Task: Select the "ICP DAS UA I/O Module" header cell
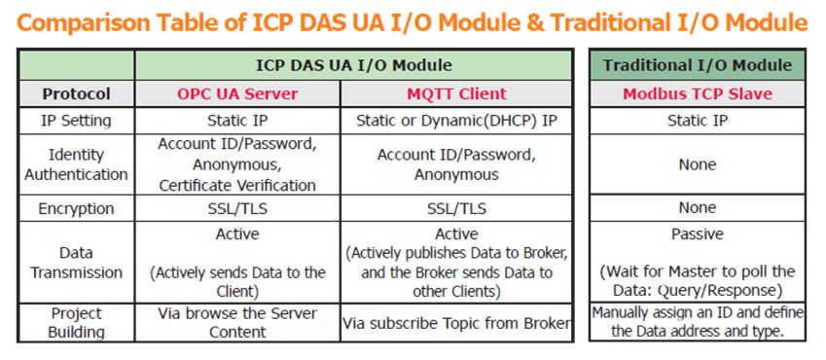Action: (353, 65)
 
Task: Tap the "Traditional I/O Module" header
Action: (697, 65)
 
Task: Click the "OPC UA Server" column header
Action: (237, 93)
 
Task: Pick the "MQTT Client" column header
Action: (456, 93)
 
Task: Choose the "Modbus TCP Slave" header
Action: (697, 93)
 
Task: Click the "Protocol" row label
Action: (77, 93)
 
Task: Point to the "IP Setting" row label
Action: (77, 121)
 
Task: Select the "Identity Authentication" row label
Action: (77, 164)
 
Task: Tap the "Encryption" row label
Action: (77, 209)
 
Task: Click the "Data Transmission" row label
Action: (77, 263)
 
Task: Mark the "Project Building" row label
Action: (77, 323)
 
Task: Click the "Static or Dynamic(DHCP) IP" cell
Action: (456, 121)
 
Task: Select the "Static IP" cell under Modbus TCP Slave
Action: (697, 121)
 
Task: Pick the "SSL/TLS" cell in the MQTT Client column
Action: (456, 209)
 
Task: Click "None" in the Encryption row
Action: (697, 207)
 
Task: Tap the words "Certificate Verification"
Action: (237, 186)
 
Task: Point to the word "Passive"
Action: (697, 234)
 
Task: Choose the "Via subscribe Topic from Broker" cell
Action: (456, 323)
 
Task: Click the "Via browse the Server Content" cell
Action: (237, 323)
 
